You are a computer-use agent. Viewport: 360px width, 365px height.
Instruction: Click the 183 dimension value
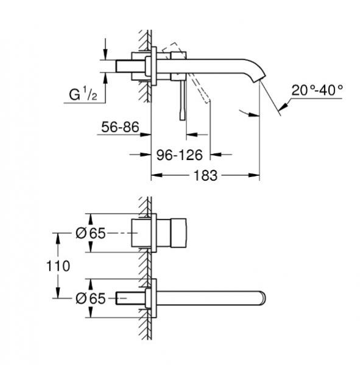click(205, 175)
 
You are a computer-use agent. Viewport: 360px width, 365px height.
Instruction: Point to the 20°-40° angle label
click(317, 90)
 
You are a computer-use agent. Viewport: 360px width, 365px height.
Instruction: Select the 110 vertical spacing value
click(58, 266)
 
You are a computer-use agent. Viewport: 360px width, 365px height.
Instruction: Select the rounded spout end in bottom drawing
click(262, 299)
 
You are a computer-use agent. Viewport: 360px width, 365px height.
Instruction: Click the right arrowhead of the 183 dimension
click(256, 175)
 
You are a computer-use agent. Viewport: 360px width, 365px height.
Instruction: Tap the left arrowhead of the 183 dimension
click(155, 175)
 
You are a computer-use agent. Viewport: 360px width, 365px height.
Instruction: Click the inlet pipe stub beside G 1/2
click(129, 67)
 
